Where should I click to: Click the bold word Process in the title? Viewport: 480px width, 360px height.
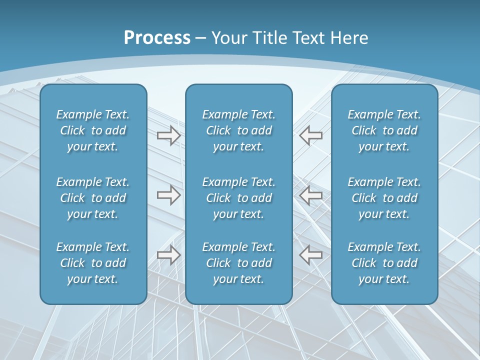157,38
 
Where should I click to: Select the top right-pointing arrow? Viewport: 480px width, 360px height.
168,135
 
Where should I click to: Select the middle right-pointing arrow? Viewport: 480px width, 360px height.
168,195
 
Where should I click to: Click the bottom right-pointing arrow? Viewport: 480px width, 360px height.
168,255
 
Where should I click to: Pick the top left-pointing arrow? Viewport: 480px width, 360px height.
311,135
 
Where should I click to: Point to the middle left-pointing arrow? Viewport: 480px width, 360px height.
311,195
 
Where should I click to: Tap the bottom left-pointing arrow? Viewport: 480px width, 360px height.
311,255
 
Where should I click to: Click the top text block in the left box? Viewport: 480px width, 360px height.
93,130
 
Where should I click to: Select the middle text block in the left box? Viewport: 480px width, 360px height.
93,198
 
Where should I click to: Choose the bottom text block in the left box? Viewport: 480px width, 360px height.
93,263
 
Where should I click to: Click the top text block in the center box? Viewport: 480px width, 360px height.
238,130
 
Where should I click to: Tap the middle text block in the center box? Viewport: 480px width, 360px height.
238,198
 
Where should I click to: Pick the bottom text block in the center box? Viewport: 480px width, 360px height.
238,263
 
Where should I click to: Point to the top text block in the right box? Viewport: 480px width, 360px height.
384,130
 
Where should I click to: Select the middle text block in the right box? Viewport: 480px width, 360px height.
384,198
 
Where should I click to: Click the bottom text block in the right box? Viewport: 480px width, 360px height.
384,263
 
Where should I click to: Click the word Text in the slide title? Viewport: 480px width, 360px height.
308,38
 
